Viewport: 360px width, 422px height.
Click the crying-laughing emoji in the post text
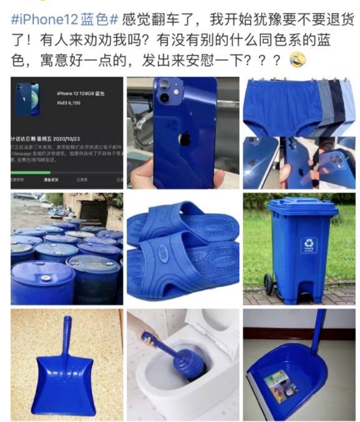299,60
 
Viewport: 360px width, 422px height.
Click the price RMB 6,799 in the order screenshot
70,102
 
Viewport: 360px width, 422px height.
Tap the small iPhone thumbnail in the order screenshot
27,99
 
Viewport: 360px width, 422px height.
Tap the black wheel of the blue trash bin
269,285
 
